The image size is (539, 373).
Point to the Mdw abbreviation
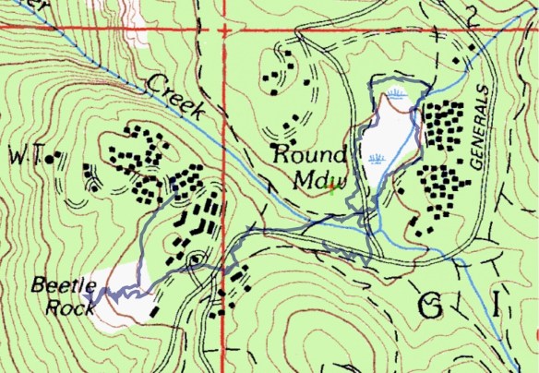coord(316,175)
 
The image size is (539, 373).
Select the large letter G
coord(430,306)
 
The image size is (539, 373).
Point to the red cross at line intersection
coord(225,30)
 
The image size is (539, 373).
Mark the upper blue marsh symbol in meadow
coord(397,94)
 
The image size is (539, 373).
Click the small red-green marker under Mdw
coord(330,187)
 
